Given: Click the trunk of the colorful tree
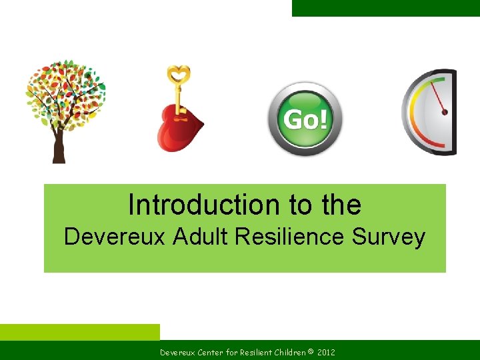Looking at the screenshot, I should [59, 147].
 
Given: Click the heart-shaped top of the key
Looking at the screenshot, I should [178, 74].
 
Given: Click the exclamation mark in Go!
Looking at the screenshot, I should [323, 120].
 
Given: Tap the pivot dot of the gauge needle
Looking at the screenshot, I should [445, 112].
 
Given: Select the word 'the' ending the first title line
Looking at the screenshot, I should [341, 205].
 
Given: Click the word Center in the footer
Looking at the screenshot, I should [211, 351].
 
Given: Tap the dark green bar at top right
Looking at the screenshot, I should [385, 8].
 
